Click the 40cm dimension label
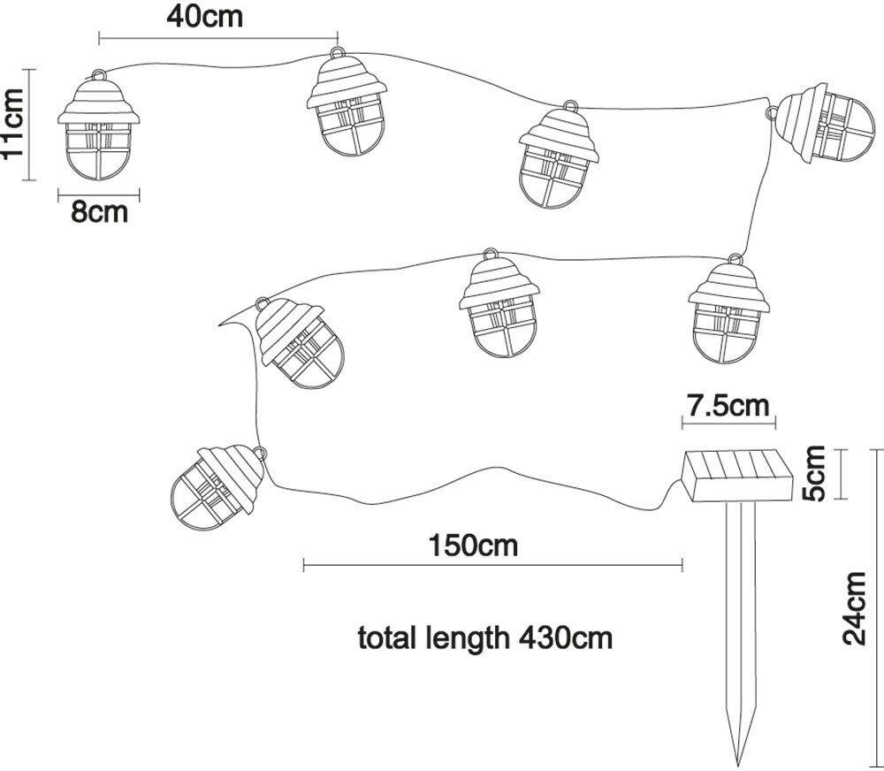point(204,16)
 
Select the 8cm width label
point(99,212)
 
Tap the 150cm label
point(473,545)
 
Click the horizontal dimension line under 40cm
point(217,39)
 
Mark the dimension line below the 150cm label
point(492,564)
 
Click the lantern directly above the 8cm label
point(99,128)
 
